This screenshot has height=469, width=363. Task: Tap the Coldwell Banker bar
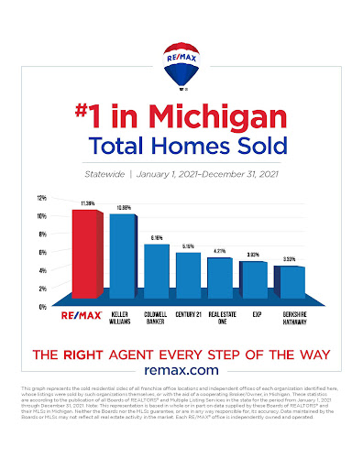(x=156, y=271)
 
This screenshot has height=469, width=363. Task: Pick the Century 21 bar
(x=188, y=276)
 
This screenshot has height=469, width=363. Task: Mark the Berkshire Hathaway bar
(x=286, y=285)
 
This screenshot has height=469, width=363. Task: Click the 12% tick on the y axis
(x=40, y=198)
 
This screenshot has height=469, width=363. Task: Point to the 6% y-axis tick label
(x=41, y=253)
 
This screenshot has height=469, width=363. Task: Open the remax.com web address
(x=181, y=369)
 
